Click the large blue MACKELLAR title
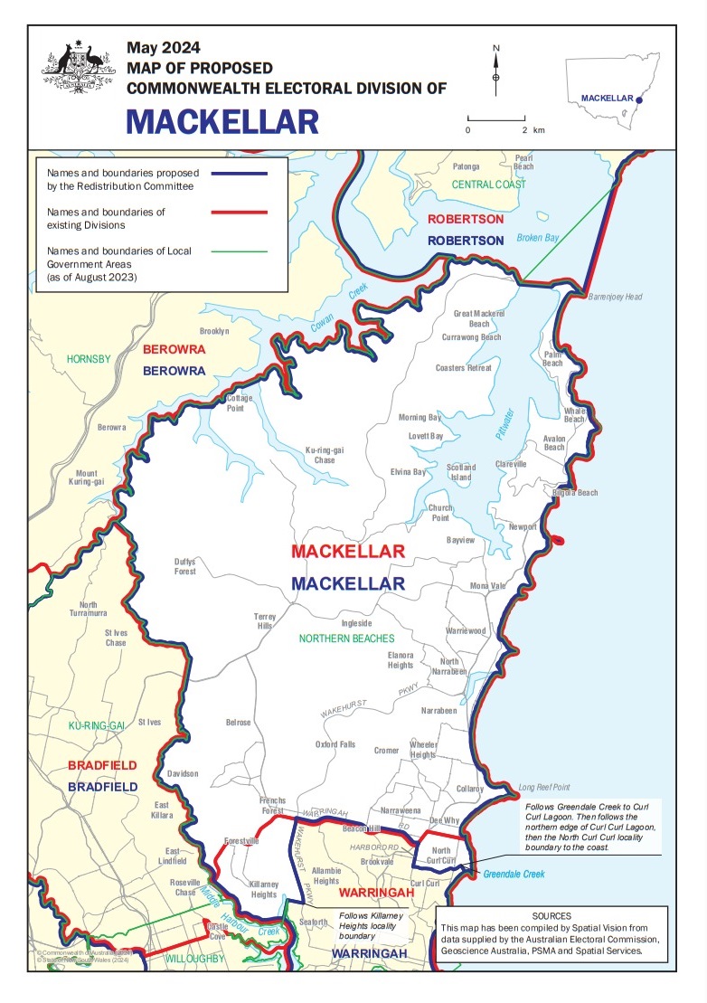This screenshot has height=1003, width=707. click(x=222, y=120)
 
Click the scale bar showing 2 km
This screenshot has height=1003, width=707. click(x=496, y=118)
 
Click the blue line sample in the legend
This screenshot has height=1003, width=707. click(x=239, y=172)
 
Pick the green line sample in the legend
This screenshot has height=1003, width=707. click(x=239, y=249)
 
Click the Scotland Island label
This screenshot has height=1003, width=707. click(x=461, y=472)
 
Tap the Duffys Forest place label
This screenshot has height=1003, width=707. click(x=185, y=566)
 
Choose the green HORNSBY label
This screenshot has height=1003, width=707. click(x=88, y=359)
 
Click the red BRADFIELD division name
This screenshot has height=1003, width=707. click(x=103, y=766)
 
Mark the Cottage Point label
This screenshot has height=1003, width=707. click(x=240, y=402)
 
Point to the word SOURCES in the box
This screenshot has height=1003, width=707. click(x=551, y=915)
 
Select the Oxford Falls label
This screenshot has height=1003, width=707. click(x=335, y=744)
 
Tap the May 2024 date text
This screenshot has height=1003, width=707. click(x=164, y=47)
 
